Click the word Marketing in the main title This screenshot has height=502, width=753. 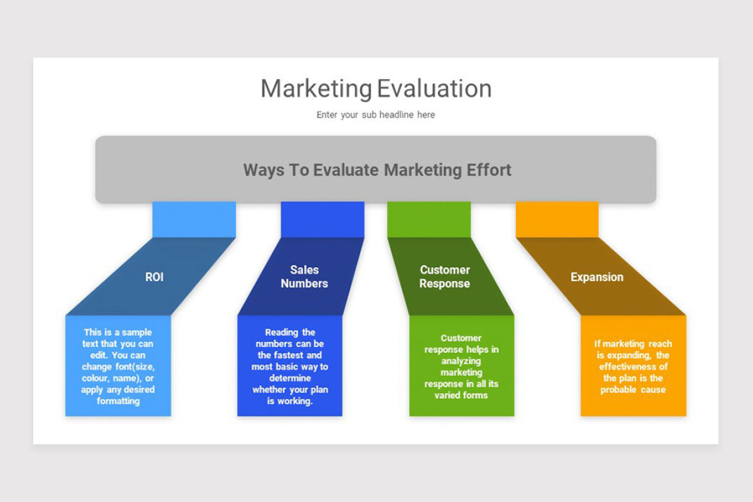click(316, 89)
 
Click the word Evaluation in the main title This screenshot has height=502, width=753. click(434, 88)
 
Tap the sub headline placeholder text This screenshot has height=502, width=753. click(375, 115)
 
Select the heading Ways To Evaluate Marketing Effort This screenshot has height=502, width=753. click(377, 169)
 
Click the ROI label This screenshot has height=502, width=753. click(154, 277)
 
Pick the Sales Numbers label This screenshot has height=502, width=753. click(304, 277)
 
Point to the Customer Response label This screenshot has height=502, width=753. click(445, 277)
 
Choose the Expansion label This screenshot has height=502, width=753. click(597, 277)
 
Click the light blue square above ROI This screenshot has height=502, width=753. click(194, 219)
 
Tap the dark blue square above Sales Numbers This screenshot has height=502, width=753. click(323, 219)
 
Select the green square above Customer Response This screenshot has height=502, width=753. click(429, 219)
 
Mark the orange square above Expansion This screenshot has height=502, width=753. click(557, 219)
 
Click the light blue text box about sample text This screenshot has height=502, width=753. click(118, 366)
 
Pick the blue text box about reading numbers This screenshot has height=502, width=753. click(290, 366)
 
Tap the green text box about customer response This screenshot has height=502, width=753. click(461, 366)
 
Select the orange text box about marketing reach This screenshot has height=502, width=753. click(633, 366)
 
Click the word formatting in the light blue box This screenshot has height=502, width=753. click(118, 401)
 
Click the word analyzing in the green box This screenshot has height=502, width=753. click(461, 361)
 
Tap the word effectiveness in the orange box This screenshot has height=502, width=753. click(633, 366)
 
